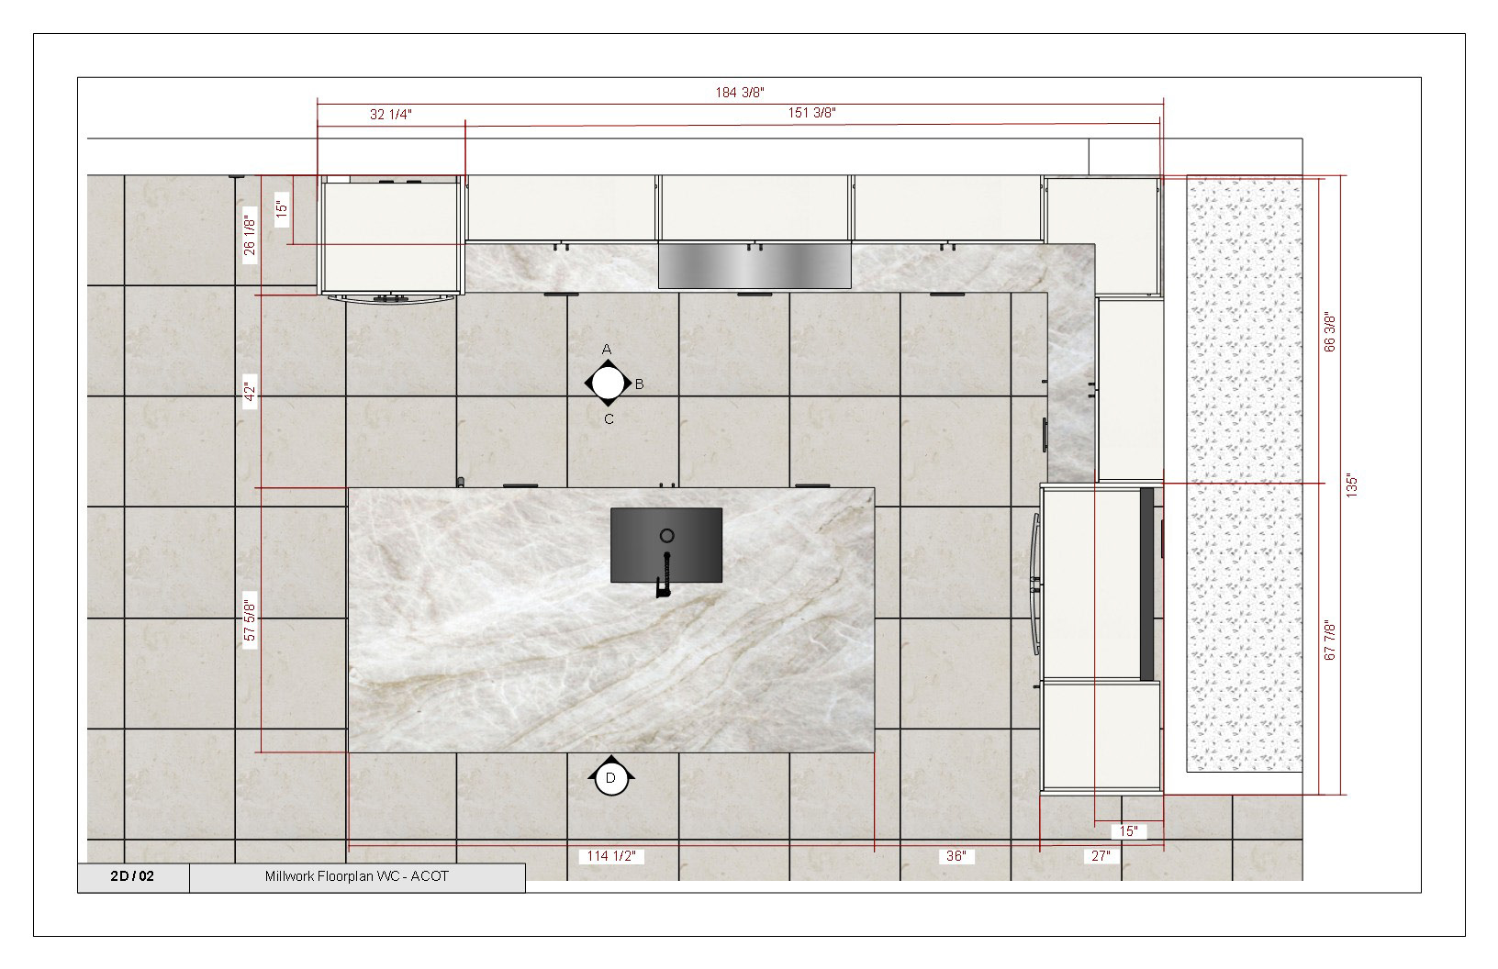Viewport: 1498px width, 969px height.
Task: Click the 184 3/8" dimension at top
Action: (740, 92)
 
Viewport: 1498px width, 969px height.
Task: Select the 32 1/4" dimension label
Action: (391, 114)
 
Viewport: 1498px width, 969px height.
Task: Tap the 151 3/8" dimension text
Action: (811, 113)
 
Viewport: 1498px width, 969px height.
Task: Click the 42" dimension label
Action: (250, 393)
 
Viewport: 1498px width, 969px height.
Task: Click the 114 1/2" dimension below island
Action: (611, 856)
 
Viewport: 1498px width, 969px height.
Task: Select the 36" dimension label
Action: (956, 856)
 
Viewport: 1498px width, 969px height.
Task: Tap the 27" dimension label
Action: (1101, 856)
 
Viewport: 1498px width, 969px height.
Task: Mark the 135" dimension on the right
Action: (1350, 485)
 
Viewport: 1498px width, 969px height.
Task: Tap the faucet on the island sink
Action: (665, 578)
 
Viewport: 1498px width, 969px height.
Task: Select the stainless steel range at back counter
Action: (755, 266)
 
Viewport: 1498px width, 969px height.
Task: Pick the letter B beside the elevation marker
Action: (639, 384)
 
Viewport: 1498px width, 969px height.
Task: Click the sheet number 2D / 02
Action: (132, 876)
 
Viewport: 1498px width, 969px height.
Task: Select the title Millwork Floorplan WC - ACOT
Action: (357, 876)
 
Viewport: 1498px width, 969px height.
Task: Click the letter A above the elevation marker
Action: (606, 349)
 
